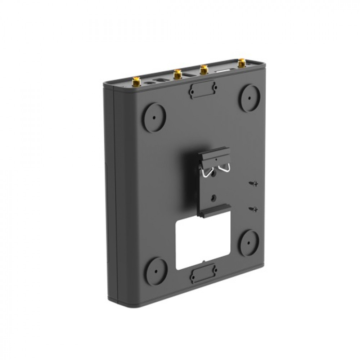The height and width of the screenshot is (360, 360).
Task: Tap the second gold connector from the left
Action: click(x=177, y=74)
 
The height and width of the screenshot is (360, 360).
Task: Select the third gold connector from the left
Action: click(x=204, y=69)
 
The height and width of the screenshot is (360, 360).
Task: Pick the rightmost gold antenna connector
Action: click(x=240, y=64)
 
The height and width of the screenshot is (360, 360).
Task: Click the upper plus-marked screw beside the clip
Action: click(x=255, y=184)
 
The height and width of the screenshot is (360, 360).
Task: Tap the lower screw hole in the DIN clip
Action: click(x=215, y=197)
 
